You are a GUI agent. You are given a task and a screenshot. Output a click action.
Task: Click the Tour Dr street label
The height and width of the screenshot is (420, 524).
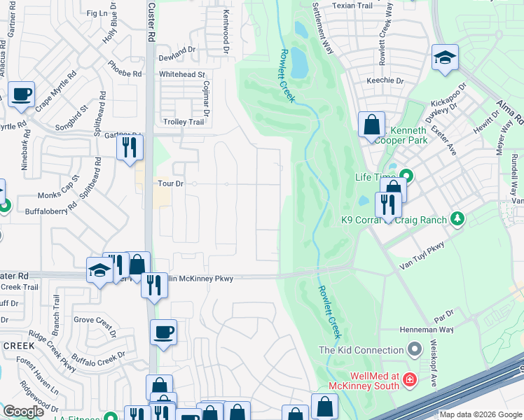[x=170, y=183]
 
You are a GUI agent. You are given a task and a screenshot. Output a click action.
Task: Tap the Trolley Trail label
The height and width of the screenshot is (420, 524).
[x=184, y=122]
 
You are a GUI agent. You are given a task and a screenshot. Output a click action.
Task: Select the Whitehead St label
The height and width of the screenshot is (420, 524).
[x=182, y=74]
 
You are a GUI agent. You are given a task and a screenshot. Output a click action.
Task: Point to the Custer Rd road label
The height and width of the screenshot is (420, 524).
[x=151, y=15]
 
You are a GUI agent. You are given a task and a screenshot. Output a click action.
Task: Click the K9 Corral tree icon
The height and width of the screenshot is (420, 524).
[x=457, y=220]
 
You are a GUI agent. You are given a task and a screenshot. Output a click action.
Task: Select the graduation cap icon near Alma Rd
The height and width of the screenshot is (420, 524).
[x=445, y=58]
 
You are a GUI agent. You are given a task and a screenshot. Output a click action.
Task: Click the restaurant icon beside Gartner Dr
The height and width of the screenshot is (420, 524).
[x=130, y=147]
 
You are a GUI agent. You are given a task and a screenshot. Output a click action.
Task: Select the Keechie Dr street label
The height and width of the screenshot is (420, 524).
[x=387, y=80]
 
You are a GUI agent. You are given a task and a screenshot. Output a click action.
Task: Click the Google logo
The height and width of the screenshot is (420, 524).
[x=23, y=412]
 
